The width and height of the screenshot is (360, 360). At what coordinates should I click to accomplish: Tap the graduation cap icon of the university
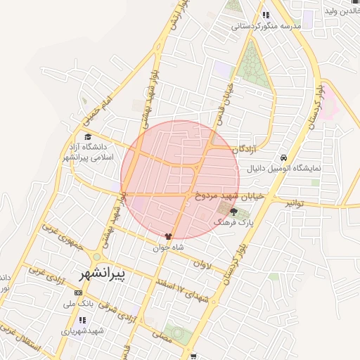click(x=88, y=137)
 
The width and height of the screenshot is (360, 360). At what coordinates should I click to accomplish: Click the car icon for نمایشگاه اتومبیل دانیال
click(x=283, y=157)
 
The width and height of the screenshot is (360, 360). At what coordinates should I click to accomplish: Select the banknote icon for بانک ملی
click(x=77, y=293)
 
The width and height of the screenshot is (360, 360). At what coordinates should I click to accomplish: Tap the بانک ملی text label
click(x=79, y=304)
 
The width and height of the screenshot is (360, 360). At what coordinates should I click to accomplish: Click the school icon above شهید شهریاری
click(x=79, y=320)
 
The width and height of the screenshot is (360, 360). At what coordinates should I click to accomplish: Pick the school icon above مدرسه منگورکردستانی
click(x=265, y=14)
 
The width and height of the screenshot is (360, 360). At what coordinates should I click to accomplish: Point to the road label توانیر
click(x=297, y=202)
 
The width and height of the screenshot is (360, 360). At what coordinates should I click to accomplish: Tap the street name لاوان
click(x=201, y=265)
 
